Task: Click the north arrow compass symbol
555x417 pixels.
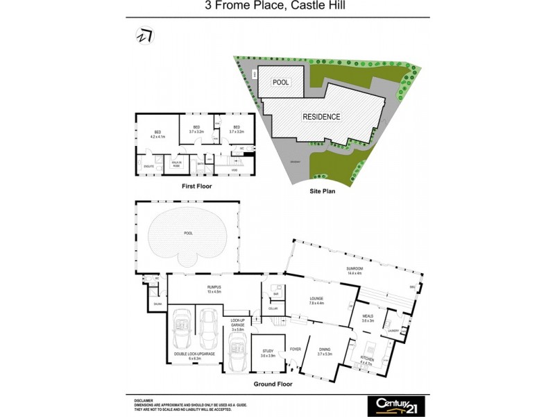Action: (145, 35)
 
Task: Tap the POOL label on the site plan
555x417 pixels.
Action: (280, 82)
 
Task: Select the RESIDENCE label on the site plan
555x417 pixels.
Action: (321, 117)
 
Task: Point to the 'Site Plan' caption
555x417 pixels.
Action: (323, 190)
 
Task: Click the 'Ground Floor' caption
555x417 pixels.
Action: (273, 384)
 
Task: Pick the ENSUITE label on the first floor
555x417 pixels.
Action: (148, 167)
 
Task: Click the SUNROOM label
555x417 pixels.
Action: (356, 269)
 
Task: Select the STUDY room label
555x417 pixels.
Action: (268, 352)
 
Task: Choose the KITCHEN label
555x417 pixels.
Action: (367, 361)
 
